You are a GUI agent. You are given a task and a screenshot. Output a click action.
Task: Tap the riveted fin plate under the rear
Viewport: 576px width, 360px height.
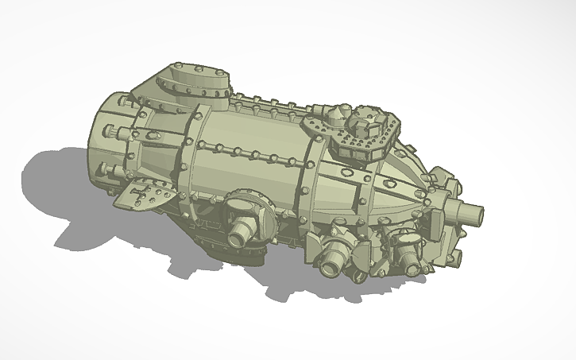point(146,194)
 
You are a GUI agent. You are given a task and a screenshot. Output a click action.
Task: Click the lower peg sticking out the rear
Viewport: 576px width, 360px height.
point(107,169)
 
